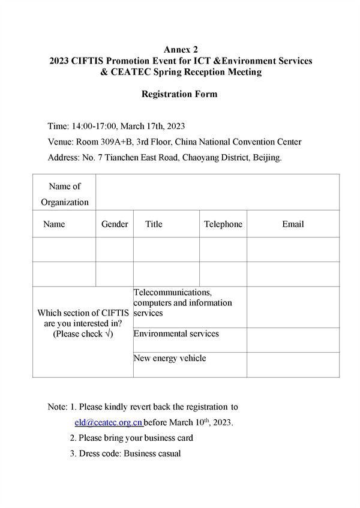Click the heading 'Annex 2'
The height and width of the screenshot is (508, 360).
[181, 49]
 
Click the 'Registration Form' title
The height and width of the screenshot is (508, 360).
[179, 94]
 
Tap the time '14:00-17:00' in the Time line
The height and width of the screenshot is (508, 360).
[94, 126]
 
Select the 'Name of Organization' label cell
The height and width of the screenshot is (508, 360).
[65, 194]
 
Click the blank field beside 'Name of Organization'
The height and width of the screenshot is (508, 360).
[217, 194]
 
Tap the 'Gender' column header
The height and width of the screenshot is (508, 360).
[115, 224]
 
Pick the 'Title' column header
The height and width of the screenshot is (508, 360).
[154, 224]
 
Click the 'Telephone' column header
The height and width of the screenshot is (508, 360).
[223, 224]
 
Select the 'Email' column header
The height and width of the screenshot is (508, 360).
[293, 224]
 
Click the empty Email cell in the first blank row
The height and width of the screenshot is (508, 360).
[293, 250]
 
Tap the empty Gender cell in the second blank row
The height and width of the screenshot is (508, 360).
[115, 274]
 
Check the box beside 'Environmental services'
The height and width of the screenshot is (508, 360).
[293, 340]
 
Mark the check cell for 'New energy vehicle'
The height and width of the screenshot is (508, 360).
[293, 365]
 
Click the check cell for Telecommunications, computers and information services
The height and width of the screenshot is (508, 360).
[293, 307]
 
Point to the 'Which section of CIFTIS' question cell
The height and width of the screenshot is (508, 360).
[83, 323]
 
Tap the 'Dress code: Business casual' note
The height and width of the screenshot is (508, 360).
[130, 453]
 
